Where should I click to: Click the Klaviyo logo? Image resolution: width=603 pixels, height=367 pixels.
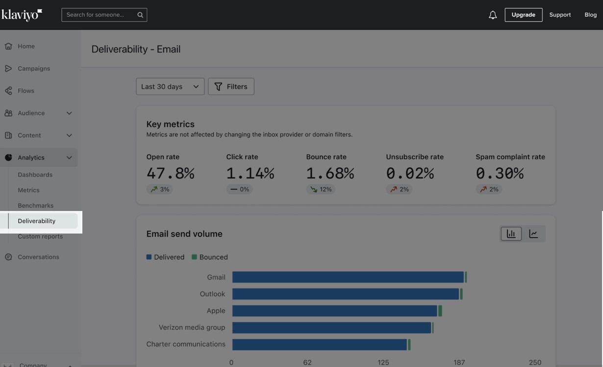click(x=22, y=15)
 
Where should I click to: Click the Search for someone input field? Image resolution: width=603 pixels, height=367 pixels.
click(x=100, y=15)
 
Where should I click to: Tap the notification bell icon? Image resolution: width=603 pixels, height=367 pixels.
click(x=493, y=15)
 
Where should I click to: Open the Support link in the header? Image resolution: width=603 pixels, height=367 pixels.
click(x=560, y=15)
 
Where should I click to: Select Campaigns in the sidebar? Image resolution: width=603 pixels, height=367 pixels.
click(x=33, y=69)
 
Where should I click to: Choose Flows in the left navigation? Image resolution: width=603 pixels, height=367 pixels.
click(x=25, y=91)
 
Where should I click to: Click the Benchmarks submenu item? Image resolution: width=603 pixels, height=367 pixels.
click(x=35, y=206)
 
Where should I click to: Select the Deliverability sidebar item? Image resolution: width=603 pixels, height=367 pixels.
click(x=37, y=221)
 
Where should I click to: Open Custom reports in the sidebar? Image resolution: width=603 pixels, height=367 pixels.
click(x=40, y=236)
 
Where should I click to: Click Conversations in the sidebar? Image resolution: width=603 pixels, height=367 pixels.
click(x=38, y=257)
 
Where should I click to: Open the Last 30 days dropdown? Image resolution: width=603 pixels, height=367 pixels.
click(x=170, y=86)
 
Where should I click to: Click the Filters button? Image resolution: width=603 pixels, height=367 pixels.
click(x=231, y=86)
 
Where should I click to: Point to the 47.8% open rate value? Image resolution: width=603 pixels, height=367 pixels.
click(x=170, y=173)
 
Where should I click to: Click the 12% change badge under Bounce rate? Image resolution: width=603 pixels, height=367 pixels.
click(x=321, y=189)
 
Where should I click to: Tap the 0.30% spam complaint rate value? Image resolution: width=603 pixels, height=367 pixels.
click(x=500, y=173)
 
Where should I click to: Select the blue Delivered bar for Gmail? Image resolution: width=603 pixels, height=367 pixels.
click(x=348, y=277)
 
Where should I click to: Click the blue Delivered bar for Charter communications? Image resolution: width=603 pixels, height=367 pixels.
click(x=319, y=344)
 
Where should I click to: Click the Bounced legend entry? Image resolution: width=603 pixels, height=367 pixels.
click(x=209, y=257)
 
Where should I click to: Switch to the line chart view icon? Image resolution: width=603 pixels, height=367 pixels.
click(x=533, y=234)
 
